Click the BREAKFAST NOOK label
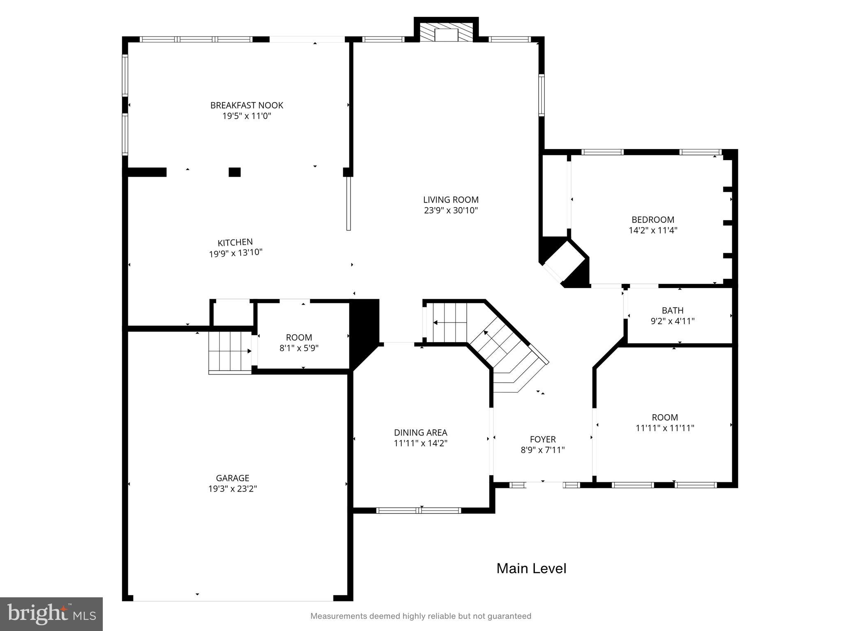(247, 105)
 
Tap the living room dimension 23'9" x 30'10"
(451, 210)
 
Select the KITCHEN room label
(235, 242)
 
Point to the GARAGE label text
(233, 478)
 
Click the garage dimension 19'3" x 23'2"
(233, 488)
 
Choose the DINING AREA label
(420, 432)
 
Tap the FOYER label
(543, 439)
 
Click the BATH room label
(673, 310)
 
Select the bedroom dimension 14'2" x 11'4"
(653, 230)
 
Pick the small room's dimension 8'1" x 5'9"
(299, 348)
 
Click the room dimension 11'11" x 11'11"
(665, 428)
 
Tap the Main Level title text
(531, 568)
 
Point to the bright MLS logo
(51, 614)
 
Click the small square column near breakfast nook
(234, 172)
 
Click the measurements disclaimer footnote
(421, 616)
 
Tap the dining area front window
(419, 511)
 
